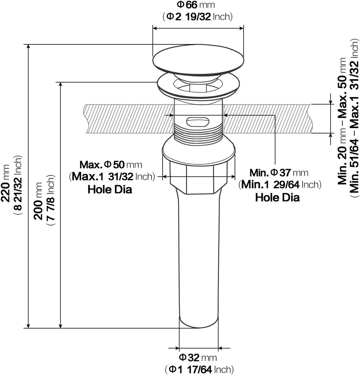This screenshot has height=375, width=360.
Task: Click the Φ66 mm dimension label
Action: click(x=196, y=5)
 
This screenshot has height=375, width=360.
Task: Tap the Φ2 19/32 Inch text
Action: click(x=197, y=17)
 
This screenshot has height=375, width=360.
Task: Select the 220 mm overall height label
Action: click(x=5, y=183)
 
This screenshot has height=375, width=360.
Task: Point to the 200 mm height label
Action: click(x=38, y=201)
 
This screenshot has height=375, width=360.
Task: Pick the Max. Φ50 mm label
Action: click(x=111, y=165)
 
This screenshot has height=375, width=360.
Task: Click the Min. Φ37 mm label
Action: click(x=279, y=173)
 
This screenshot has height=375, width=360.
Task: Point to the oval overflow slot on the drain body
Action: click(x=198, y=122)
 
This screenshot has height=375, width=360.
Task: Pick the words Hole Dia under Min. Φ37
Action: click(x=277, y=197)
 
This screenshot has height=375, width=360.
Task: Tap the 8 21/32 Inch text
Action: click(x=18, y=184)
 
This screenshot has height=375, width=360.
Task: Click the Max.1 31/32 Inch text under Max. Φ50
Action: click(x=112, y=176)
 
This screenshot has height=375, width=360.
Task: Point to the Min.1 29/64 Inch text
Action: click(x=280, y=184)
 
